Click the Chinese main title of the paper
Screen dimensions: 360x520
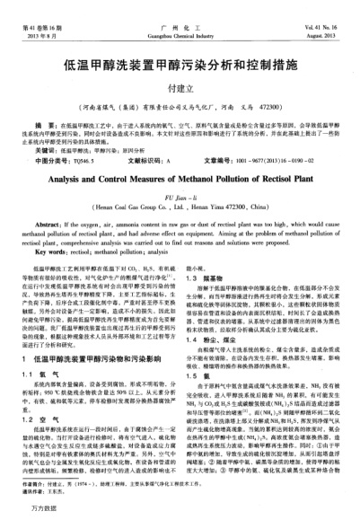(179, 66)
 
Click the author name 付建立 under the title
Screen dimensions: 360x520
(180, 88)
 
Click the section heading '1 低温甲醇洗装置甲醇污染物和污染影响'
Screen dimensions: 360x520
(96, 332)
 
